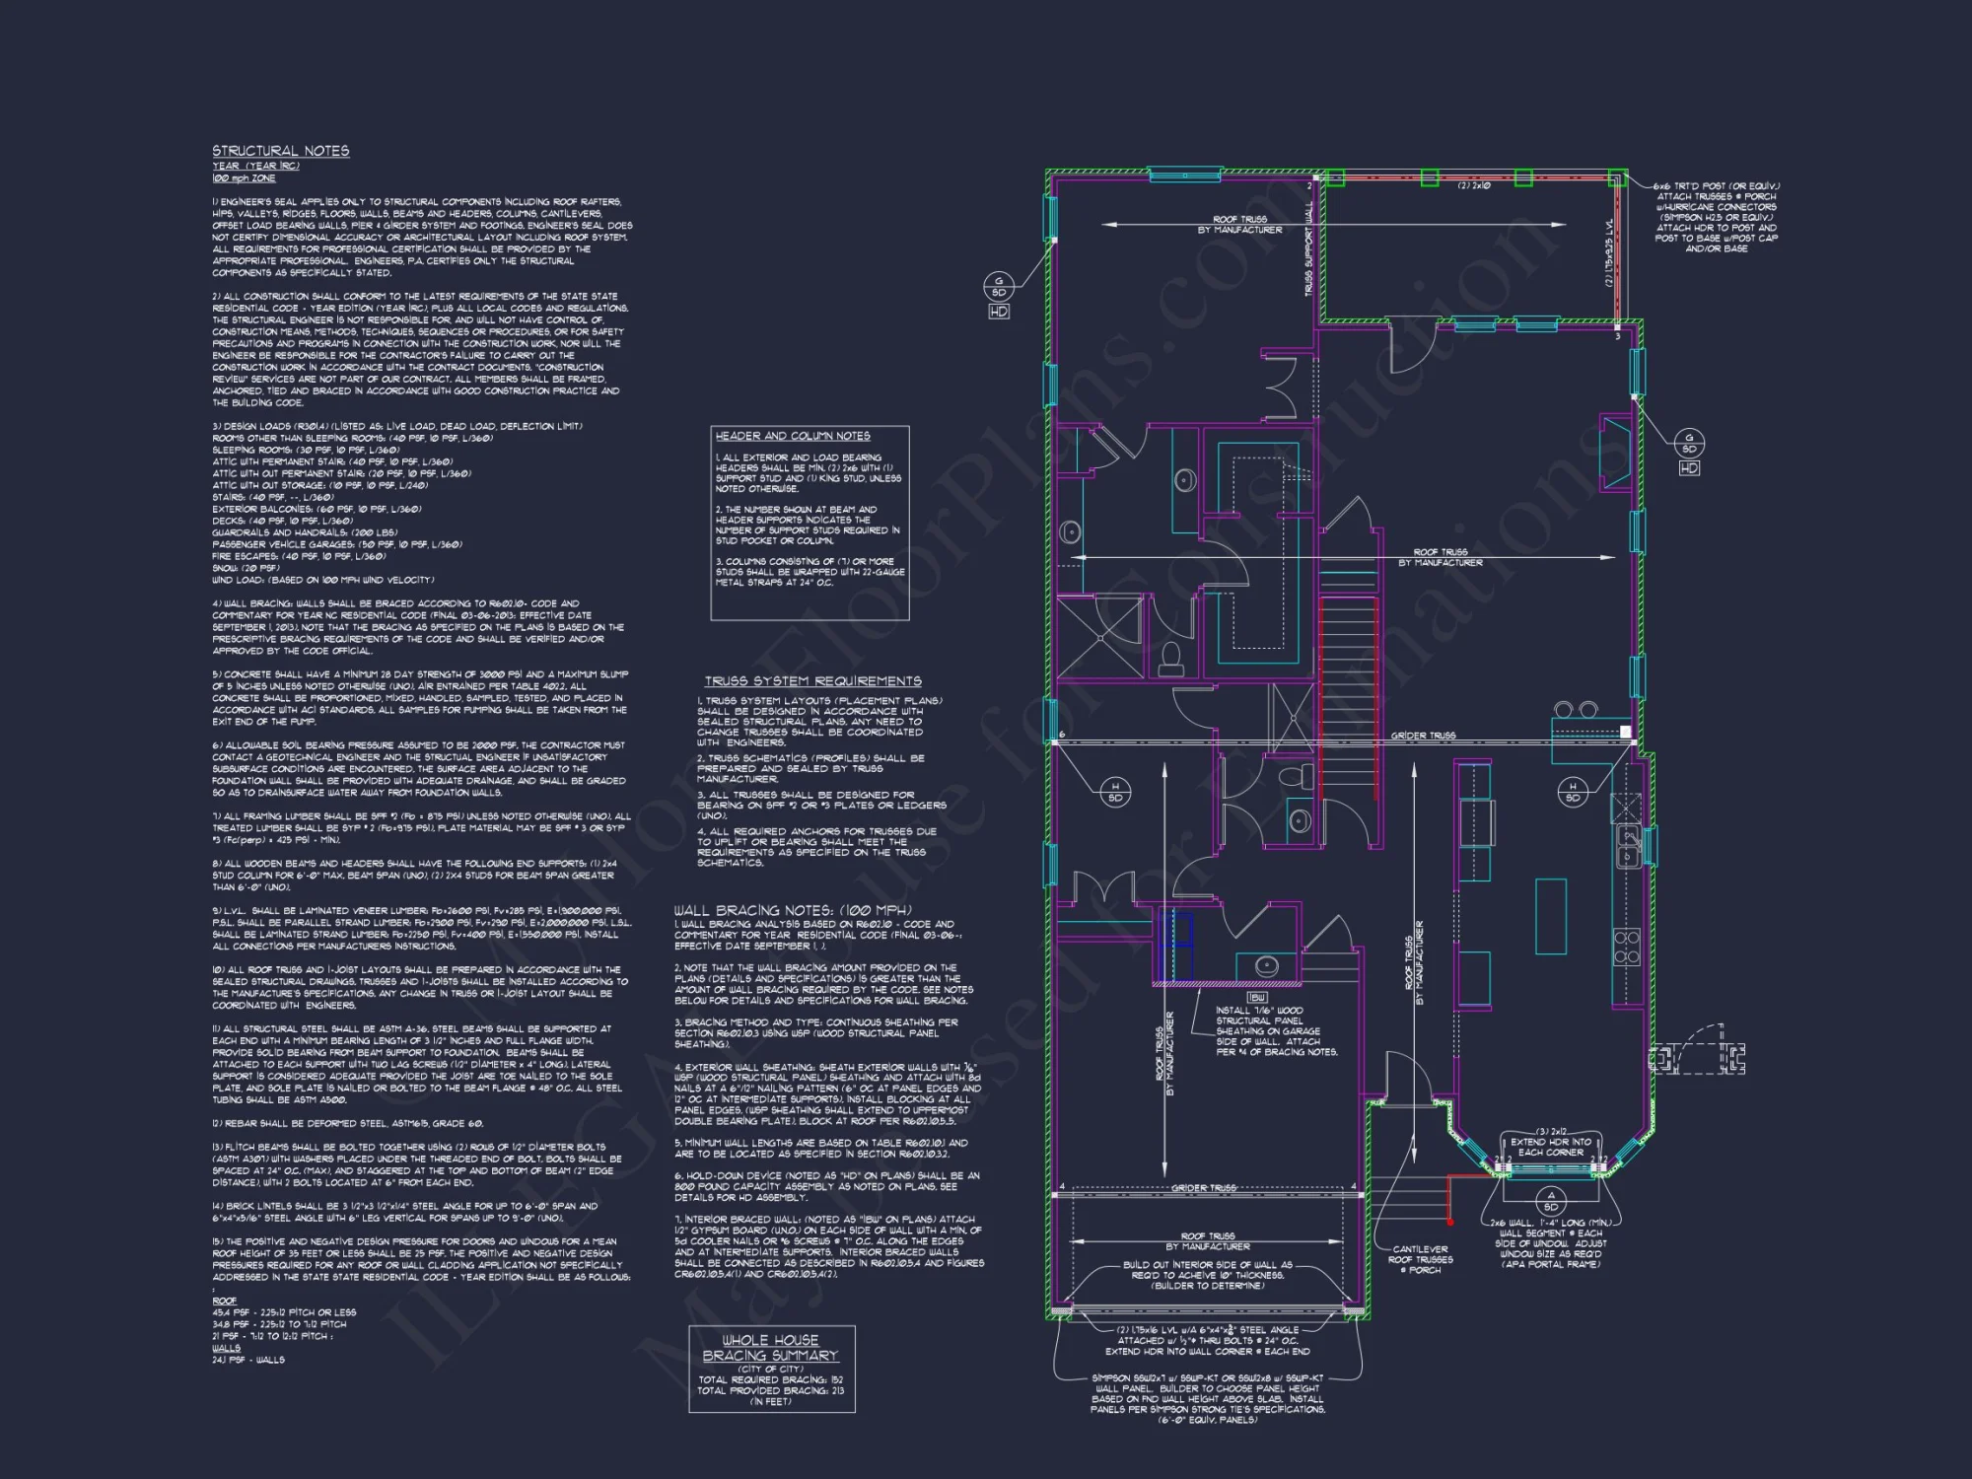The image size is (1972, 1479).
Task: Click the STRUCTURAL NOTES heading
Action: click(281, 151)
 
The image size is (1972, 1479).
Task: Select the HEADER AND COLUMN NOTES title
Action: click(793, 436)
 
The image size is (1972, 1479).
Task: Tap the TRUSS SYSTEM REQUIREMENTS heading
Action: click(813, 681)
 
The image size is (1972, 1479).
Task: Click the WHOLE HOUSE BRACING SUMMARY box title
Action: click(770, 1348)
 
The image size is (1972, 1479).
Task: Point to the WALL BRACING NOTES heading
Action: click(793, 910)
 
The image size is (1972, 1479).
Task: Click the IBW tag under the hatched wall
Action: click(1257, 998)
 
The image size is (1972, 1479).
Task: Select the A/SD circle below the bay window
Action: click(1551, 1200)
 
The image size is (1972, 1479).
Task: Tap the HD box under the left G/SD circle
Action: click(998, 312)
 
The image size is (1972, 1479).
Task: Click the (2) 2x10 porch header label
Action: click(1474, 185)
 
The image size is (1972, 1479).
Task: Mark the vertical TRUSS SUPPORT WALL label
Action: click(1309, 251)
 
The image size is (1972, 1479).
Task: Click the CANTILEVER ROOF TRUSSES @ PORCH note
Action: click(1420, 1259)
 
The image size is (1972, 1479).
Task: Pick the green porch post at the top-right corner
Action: click(1617, 177)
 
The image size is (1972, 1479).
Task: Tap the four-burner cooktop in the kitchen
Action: click(1626, 947)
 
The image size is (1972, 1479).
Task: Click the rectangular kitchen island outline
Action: click(1551, 916)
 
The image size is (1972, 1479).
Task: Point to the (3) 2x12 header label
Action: click(1551, 1131)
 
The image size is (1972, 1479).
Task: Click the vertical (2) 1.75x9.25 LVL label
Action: click(1609, 253)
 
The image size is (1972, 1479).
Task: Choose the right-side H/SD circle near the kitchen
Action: click(1573, 792)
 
